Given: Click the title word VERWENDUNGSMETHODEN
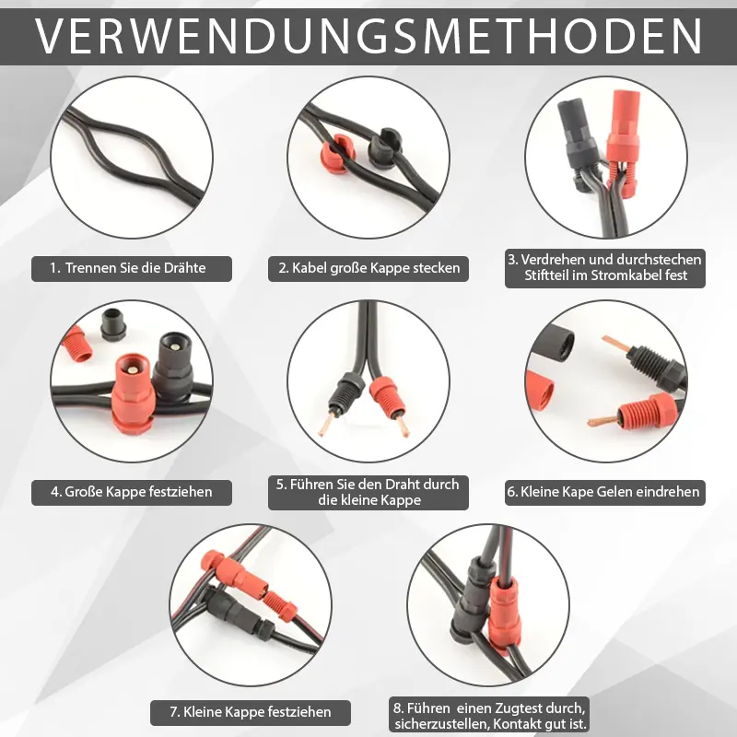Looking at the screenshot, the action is point(368,36).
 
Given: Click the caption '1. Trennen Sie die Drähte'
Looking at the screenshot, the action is point(128,268).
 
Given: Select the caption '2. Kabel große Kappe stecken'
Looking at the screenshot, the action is point(369,268).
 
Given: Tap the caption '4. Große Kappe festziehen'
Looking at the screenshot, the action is point(132,492).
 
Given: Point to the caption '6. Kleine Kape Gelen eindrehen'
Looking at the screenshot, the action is point(603,492).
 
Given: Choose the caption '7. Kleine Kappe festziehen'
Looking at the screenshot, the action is point(251,712).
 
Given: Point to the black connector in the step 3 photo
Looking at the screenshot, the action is point(578,141).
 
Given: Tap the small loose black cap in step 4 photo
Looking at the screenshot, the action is point(113,323).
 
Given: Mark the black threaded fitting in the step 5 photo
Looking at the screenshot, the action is point(346,391).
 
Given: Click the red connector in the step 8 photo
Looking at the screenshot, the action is point(504,614).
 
